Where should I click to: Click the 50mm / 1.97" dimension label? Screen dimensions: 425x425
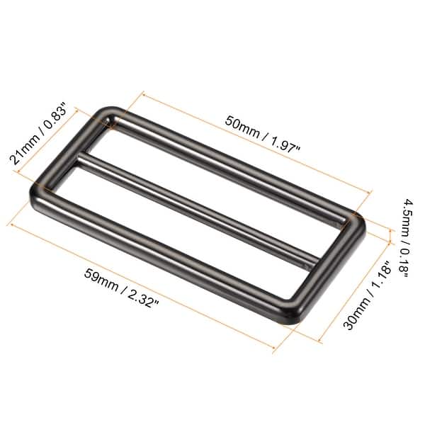(263, 135)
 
